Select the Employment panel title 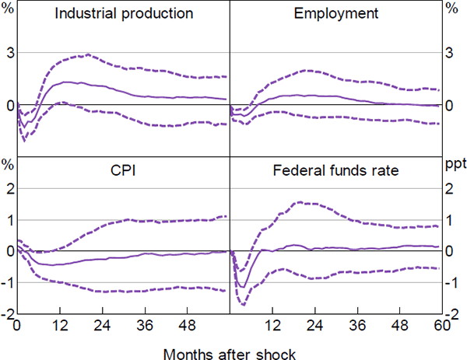[x=336, y=15]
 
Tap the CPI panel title [x=124, y=171]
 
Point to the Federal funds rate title [x=335, y=171]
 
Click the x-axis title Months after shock [x=230, y=354]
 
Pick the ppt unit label [x=454, y=164]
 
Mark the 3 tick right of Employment [x=449, y=52]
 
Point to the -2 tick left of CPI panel [x=7, y=314]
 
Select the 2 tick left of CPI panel [x=9, y=187]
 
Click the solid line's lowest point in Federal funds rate [x=243, y=288]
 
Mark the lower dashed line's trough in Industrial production [x=24, y=141]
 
